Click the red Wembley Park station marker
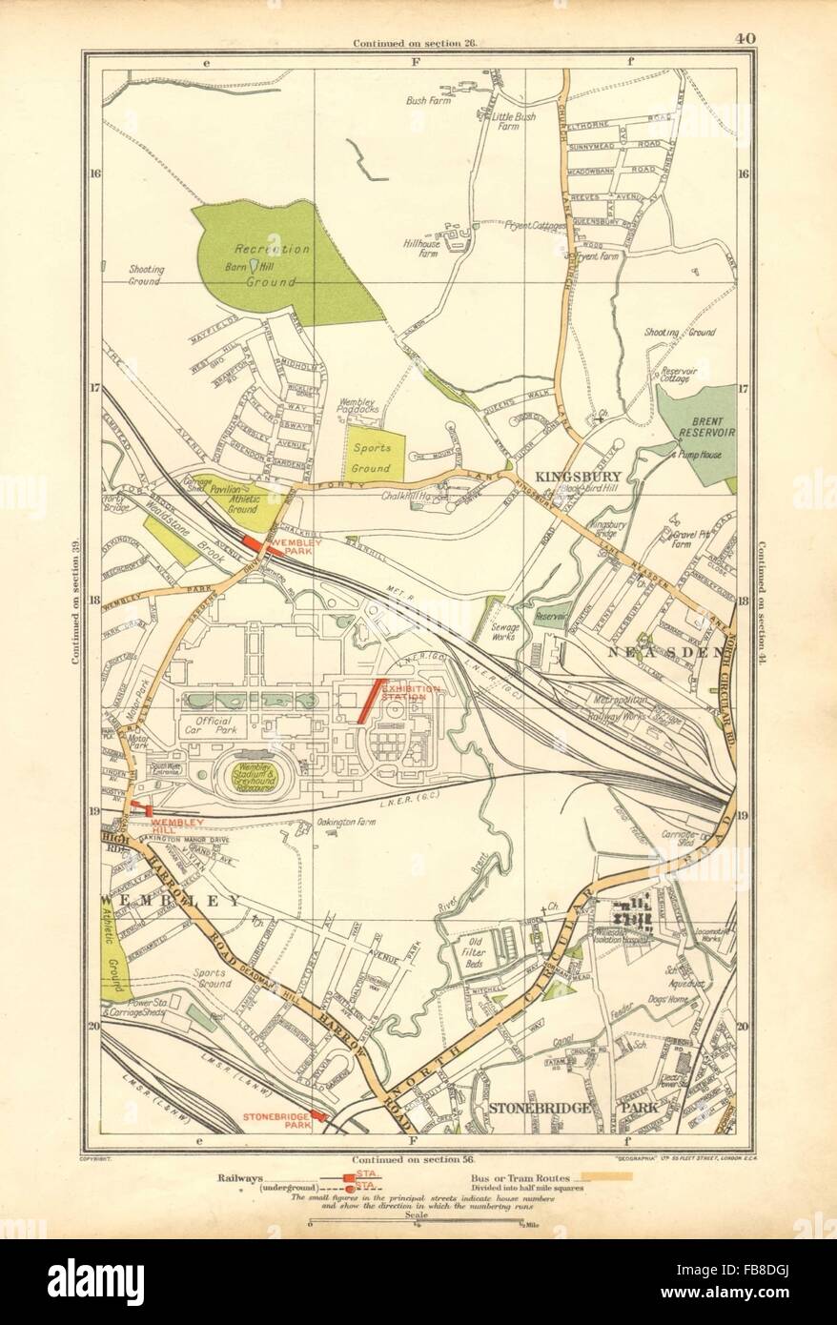[x=253, y=542]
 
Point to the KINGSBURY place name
[x=565, y=476]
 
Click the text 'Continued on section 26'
[x=418, y=44]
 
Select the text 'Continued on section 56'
[x=418, y=1150]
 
